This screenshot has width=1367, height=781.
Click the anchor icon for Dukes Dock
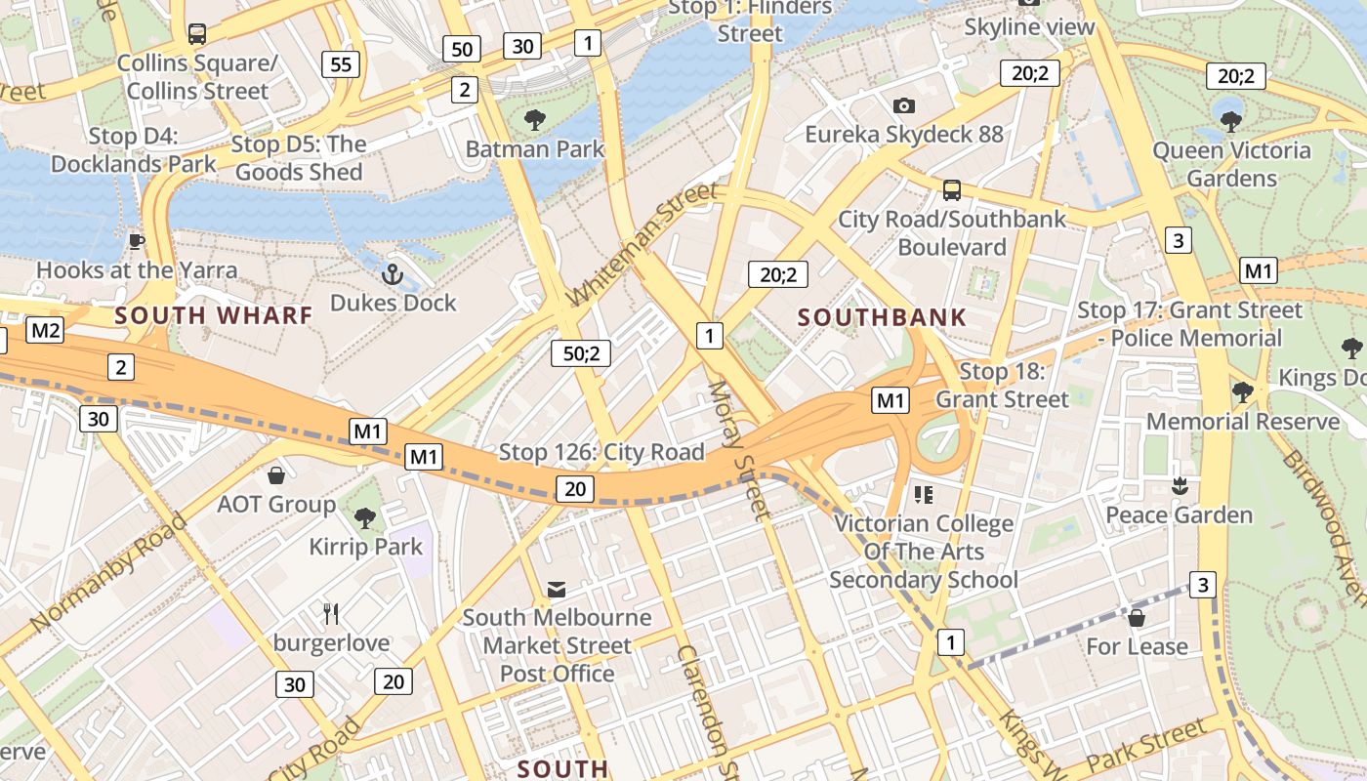pos(393,274)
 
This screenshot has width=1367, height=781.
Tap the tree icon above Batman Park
pos(534,120)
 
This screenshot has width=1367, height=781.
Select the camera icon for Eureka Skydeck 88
pos(904,105)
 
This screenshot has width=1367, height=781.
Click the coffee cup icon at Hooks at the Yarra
pos(137,240)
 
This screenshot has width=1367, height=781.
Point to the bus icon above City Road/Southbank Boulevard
pos(952,190)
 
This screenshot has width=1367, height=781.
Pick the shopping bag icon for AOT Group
pos(276,475)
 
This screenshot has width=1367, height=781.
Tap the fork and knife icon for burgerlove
pos(331,614)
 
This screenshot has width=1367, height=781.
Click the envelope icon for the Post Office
pos(557,589)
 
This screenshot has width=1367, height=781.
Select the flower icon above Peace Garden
pos(1180,485)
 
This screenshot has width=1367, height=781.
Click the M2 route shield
pos(45,330)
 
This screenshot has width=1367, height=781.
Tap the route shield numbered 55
pos(341,65)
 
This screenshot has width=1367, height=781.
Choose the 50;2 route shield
pos(580,353)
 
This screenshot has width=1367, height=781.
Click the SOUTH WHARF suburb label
pos(214,315)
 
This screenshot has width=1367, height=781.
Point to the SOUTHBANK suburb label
pos(882,317)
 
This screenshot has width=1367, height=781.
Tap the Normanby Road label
pos(107,572)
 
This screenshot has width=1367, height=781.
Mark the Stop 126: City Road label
pos(601,452)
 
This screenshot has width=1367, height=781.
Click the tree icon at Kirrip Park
pos(365,517)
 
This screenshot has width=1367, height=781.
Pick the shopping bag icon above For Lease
pos(1136,618)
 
